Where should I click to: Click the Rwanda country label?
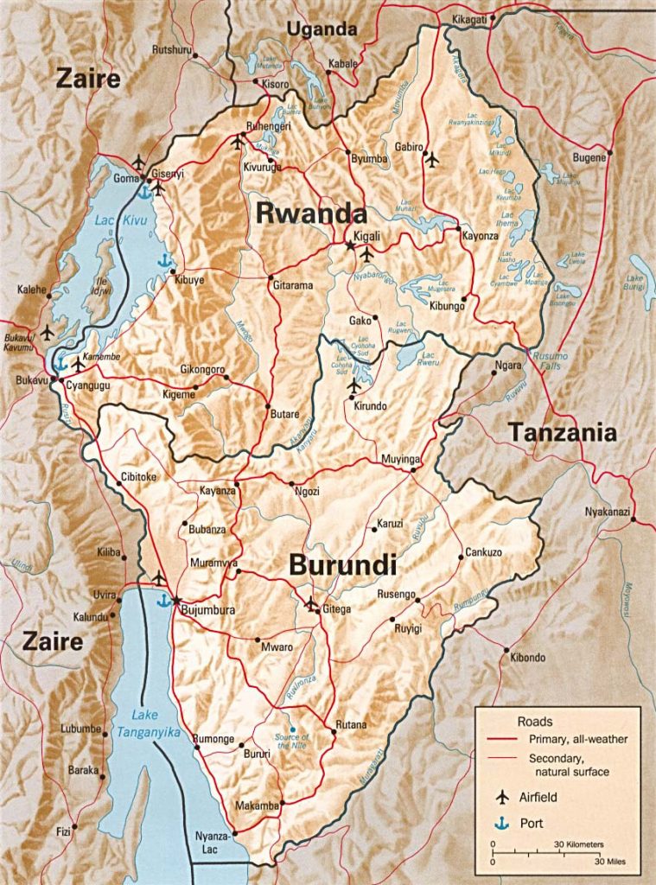pos(310,213)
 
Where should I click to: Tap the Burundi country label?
pos(342,566)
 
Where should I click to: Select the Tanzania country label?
pos(562,432)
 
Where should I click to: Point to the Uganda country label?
pos(322,29)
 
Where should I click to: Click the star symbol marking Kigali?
pos(350,246)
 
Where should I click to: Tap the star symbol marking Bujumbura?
pos(176,600)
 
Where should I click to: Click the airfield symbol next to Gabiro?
pos(431,159)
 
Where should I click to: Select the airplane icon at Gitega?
pos(311,603)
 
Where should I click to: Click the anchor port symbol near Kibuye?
pos(162,260)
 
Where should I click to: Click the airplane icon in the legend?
pos(501,797)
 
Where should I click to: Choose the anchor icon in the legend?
pos(501,823)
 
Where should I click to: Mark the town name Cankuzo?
pos(483,551)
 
